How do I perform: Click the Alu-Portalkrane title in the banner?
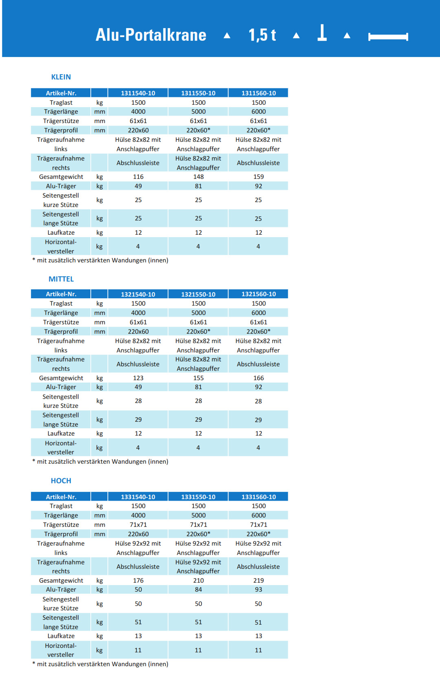click(151, 35)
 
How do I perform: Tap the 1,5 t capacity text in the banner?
click(262, 35)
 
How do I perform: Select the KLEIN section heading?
click(61, 77)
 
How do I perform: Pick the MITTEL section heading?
click(61, 279)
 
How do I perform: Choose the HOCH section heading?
click(61, 481)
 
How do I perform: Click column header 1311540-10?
click(138, 93)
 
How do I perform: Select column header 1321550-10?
click(198, 294)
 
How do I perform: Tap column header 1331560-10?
click(258, 497)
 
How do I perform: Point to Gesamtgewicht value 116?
click(138, 177)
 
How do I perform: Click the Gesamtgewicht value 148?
click(198, 177)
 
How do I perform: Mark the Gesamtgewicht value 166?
click(258, 378)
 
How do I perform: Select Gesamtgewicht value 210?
click(198, 581)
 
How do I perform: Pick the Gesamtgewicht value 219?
click(258, 581)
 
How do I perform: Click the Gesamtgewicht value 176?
click(138, 581)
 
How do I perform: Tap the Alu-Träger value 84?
click(198, 590)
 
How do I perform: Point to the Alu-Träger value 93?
click(258, 590)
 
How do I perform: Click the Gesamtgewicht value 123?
click(138, 378)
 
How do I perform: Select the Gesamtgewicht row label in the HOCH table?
click(61, 581)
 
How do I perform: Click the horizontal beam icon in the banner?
click(388, 37)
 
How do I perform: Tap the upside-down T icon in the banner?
click(322, 33)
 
